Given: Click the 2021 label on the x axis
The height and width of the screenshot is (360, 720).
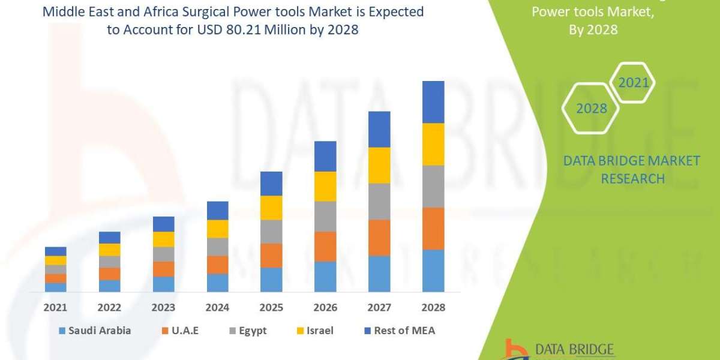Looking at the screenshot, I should click(55, 307).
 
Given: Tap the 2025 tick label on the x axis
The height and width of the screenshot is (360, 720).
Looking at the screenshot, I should click(271, 307).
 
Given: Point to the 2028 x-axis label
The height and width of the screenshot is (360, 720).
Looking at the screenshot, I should click(433, 307).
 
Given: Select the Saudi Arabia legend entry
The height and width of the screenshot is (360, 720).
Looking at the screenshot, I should click(95, 331).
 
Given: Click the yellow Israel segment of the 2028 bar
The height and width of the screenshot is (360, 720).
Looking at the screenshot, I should click(433, 144).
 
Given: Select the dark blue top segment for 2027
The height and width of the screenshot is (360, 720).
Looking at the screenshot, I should click(379, 129).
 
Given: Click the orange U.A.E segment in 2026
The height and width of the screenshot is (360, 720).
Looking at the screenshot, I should click(325, 247).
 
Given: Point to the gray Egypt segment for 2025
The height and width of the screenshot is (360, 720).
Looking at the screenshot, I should click(271, 232).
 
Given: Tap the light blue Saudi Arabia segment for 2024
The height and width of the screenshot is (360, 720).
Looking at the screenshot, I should click(217, 283).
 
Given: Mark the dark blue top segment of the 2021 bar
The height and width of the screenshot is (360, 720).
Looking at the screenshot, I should click(55, 251).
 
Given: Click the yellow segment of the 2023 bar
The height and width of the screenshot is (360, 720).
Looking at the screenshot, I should click(163, 239).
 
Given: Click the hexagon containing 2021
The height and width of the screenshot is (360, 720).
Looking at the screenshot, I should click(632, 83).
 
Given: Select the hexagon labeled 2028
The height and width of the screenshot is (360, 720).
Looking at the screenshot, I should click(590, 109).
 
